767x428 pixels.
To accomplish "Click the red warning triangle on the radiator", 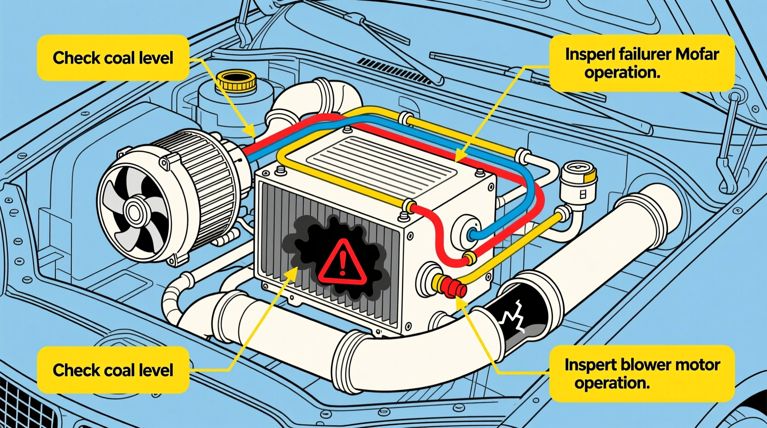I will pyautogui.click(x=342, y=263).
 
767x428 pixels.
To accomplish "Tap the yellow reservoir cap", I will pyautogui.click(x=236, y=81).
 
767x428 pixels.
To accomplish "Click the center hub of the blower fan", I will pyautogui.click(x=134, y=213).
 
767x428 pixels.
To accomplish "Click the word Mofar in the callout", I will pyautogui.click(x=697, y=54).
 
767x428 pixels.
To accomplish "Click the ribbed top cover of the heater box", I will pyautogui.click(x=383, y=161).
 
